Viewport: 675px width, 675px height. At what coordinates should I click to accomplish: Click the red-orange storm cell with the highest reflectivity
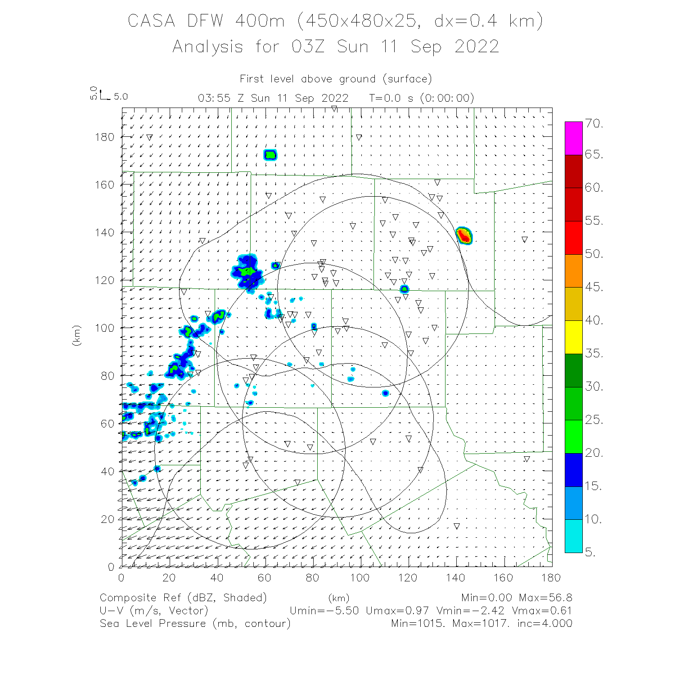pos(463,235)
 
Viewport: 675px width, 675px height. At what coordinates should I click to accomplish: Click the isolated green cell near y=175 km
pos(270,155)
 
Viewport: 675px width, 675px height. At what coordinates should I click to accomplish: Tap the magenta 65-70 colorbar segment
pos(573,138)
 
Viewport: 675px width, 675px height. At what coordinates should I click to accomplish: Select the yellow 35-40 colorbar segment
pos(573,337)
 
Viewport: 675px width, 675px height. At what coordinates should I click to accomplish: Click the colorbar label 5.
pos(590,552)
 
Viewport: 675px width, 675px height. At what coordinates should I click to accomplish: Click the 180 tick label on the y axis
pos(104,137)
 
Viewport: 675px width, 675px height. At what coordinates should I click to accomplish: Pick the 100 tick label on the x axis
pos(360,578)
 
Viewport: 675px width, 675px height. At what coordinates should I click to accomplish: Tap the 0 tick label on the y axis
pos(111,567)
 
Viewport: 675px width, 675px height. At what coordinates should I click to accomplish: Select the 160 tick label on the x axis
pos(504,578)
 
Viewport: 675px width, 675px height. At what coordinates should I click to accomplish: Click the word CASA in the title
pos(151,21)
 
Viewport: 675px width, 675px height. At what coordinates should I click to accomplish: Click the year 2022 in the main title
pos(477,47)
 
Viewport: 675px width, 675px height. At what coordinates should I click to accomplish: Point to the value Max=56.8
pos(545,598)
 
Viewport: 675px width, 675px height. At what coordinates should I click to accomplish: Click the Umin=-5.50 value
pos(324,611)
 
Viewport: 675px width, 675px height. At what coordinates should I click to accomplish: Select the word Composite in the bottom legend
pos(130,598)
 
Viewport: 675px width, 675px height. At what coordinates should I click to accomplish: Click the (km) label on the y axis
pos(77,335)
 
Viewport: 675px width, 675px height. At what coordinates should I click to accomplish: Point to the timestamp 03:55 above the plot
pos(214,98)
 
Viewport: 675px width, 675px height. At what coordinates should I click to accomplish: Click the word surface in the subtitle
pos(407,79)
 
